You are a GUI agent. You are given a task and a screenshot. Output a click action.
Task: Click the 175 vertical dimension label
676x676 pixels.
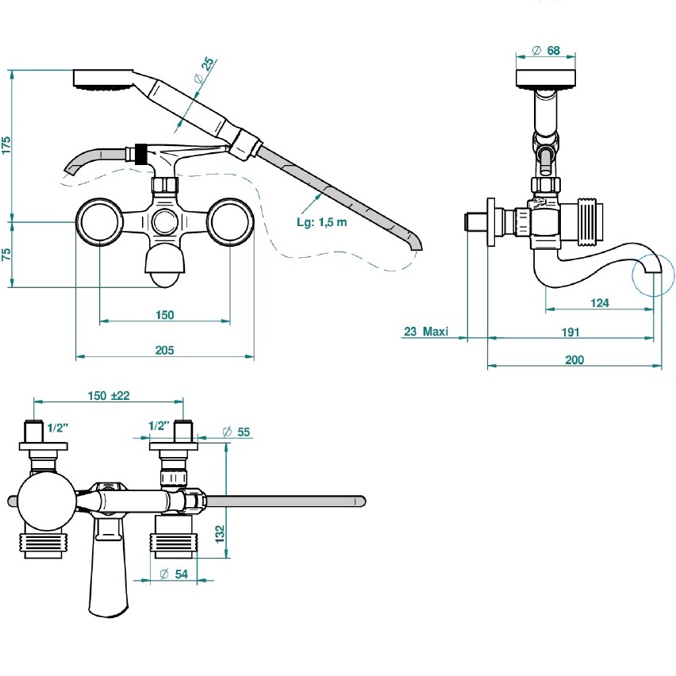pos(6,144)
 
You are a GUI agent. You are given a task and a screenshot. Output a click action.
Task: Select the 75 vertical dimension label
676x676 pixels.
pos(6,254)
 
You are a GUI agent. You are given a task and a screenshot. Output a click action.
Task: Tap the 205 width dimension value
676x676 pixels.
pos(164,350)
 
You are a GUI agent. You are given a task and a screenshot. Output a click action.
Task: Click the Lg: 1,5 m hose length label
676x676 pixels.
pos(322,222)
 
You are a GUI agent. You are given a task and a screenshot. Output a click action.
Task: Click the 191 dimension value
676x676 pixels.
pos(570,331)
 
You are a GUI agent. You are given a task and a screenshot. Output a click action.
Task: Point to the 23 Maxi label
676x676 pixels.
pos(426,331)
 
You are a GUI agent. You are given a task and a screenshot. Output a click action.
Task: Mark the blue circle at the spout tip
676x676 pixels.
pos(653,276)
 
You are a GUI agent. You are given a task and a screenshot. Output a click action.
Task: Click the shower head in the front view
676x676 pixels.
pos(103,79)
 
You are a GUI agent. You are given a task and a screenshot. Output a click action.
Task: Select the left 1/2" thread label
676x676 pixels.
pos(57,428)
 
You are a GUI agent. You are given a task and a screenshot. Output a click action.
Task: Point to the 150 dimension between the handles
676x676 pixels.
pos(164,315)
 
